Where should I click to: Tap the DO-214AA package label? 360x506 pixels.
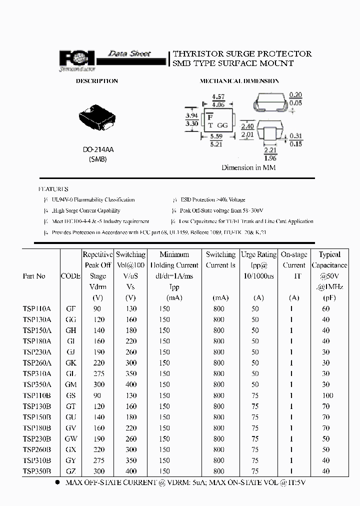(98, 149)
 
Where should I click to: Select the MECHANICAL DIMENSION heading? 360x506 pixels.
(239, 81)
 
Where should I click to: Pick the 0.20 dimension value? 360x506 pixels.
(295, 95)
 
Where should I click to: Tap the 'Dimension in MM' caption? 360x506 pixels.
(248, 168)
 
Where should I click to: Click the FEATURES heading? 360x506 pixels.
(53, 189)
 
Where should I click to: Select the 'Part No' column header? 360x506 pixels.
(34, 276)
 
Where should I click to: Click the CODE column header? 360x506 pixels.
(70, 276)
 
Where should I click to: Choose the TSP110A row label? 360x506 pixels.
(37, 309)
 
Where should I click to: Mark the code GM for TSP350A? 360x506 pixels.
(70, 384)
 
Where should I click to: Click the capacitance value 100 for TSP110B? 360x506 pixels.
(325, 395)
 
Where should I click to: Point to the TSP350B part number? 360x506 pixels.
(37, 471)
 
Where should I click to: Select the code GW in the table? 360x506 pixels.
(70, 439)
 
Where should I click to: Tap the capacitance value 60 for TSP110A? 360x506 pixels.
(325, 309)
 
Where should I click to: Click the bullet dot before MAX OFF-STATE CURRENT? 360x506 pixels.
(57, 482)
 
